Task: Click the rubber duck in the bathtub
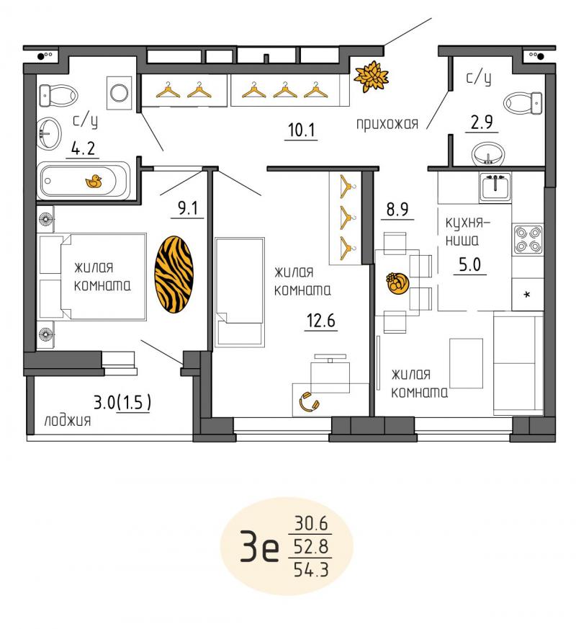click(x=94, y=182)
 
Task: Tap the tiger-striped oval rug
click(x=174, y=274)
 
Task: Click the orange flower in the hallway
click(x=372, y=76)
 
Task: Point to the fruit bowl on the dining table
click(x=397, y=283)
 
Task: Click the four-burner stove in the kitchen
click(x=528, y=238)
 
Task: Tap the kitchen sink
click(x=495, y=187)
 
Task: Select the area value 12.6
click(x=320, y=321)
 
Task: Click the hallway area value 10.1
click(x=302, y=130)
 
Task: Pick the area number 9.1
click(x=188, y=208)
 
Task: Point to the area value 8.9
click(x=397, y=209)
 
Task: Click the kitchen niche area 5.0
click(x=469, y=264)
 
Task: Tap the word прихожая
click(x=387, y=124)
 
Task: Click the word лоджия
click(x=68, y=420)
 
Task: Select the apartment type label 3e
click(x=259, y=545)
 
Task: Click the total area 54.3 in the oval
click(x=311, y=570)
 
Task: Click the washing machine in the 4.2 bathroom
click(x=119, y=93)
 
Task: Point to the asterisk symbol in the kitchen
click(x=527, y=295)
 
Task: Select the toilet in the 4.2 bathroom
click(x=58, y=96)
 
